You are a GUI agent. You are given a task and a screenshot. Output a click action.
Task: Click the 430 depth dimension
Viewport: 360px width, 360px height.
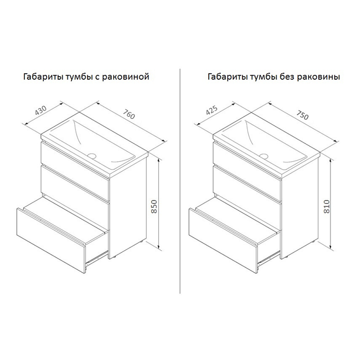(41, 110)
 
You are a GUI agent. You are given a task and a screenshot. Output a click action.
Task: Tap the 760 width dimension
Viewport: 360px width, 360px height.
(129, 114)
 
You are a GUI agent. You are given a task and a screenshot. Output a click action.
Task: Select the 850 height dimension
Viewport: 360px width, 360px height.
(154, 207)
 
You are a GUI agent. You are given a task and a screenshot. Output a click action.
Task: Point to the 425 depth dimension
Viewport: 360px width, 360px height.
(211, 110)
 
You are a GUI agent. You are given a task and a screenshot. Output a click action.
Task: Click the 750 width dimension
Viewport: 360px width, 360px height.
(302, 115)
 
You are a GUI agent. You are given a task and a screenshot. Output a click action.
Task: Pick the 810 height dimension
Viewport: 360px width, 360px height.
(327, 207)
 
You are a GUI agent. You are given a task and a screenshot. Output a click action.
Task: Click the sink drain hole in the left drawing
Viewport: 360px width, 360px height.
(92, 156)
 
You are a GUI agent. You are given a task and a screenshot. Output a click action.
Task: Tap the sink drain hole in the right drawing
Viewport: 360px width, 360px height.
(264, 156)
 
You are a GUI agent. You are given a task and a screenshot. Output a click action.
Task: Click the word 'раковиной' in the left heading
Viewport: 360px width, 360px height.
(126, 76)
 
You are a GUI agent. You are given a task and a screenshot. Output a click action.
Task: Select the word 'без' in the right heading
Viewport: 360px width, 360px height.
(288, 76)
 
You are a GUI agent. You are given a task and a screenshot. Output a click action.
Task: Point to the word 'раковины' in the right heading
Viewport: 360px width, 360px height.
(319, 76)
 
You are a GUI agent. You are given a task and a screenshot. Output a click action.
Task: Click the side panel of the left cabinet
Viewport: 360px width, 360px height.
(128, 206)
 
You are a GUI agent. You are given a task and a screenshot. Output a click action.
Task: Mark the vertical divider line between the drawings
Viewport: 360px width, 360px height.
(180, 181)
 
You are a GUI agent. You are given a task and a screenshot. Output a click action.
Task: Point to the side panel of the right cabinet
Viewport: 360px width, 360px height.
(300, 206)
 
